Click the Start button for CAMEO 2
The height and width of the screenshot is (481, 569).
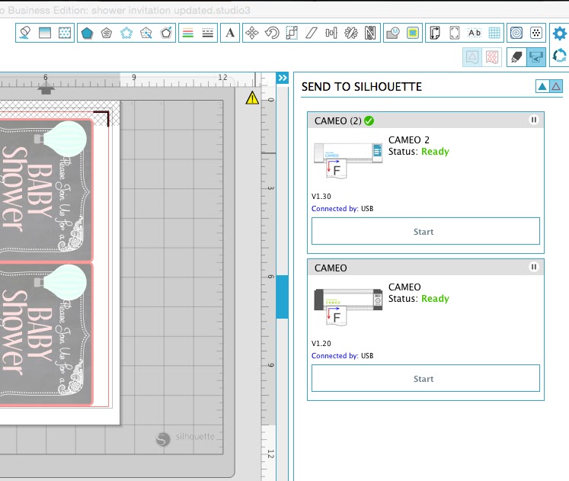pos(425,232)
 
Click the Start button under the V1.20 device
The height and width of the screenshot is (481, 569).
pos(425,379)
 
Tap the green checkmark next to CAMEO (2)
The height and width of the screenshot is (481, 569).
pos(369,120)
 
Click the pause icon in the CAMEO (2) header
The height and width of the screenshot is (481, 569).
pos(534,120)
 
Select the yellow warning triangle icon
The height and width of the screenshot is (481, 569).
pos(252,98)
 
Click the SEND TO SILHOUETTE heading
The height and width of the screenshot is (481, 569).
pos(362,87)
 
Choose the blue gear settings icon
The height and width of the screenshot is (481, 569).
pos(560,34)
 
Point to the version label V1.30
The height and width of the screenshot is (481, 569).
pos(321,196)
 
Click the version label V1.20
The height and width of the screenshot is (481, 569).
pos(321,343)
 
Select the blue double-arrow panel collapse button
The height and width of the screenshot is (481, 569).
pos(282,79)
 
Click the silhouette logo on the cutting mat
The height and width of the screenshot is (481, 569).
pos(185,438)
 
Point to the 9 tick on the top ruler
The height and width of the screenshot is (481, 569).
pos(134,78)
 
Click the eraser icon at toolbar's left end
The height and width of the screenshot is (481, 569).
pos(25,34)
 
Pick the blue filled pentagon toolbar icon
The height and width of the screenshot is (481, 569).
pos(87,34)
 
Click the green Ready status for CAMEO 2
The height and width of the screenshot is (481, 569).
pos(435,151)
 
